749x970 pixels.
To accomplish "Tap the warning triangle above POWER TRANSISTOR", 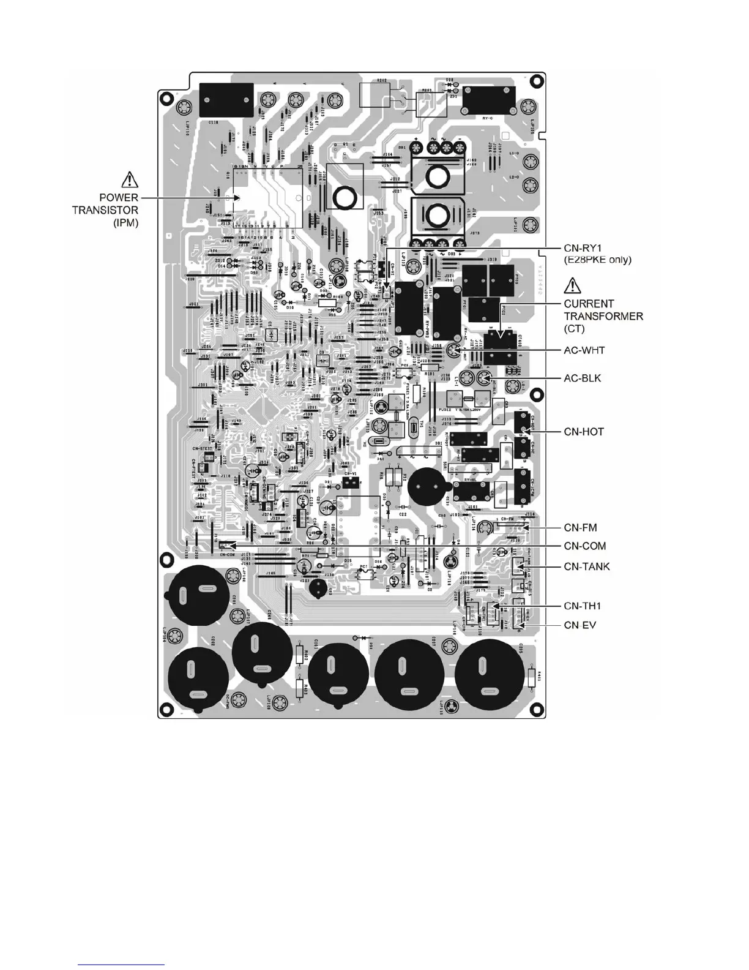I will coord(130,180).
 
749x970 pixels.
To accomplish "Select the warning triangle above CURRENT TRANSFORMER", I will coord(572,285).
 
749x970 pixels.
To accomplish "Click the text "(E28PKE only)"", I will coord(597,260).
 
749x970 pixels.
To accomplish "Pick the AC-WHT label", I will coord(584,350).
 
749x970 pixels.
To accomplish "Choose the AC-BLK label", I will coord(582,378).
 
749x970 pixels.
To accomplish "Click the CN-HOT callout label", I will coord(583,432).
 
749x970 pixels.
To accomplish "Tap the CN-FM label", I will coord(580,527).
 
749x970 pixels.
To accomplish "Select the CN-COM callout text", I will coord(584,546).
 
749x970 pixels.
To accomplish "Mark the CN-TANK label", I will coord(586,566).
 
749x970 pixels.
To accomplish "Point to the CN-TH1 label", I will coord(582,606).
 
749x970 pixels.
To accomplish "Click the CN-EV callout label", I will coord(579,625).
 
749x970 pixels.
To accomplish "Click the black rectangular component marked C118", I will coord(227,100).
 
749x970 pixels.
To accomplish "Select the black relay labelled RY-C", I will coord(488,99).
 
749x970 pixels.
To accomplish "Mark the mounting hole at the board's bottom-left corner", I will coord(166,704).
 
